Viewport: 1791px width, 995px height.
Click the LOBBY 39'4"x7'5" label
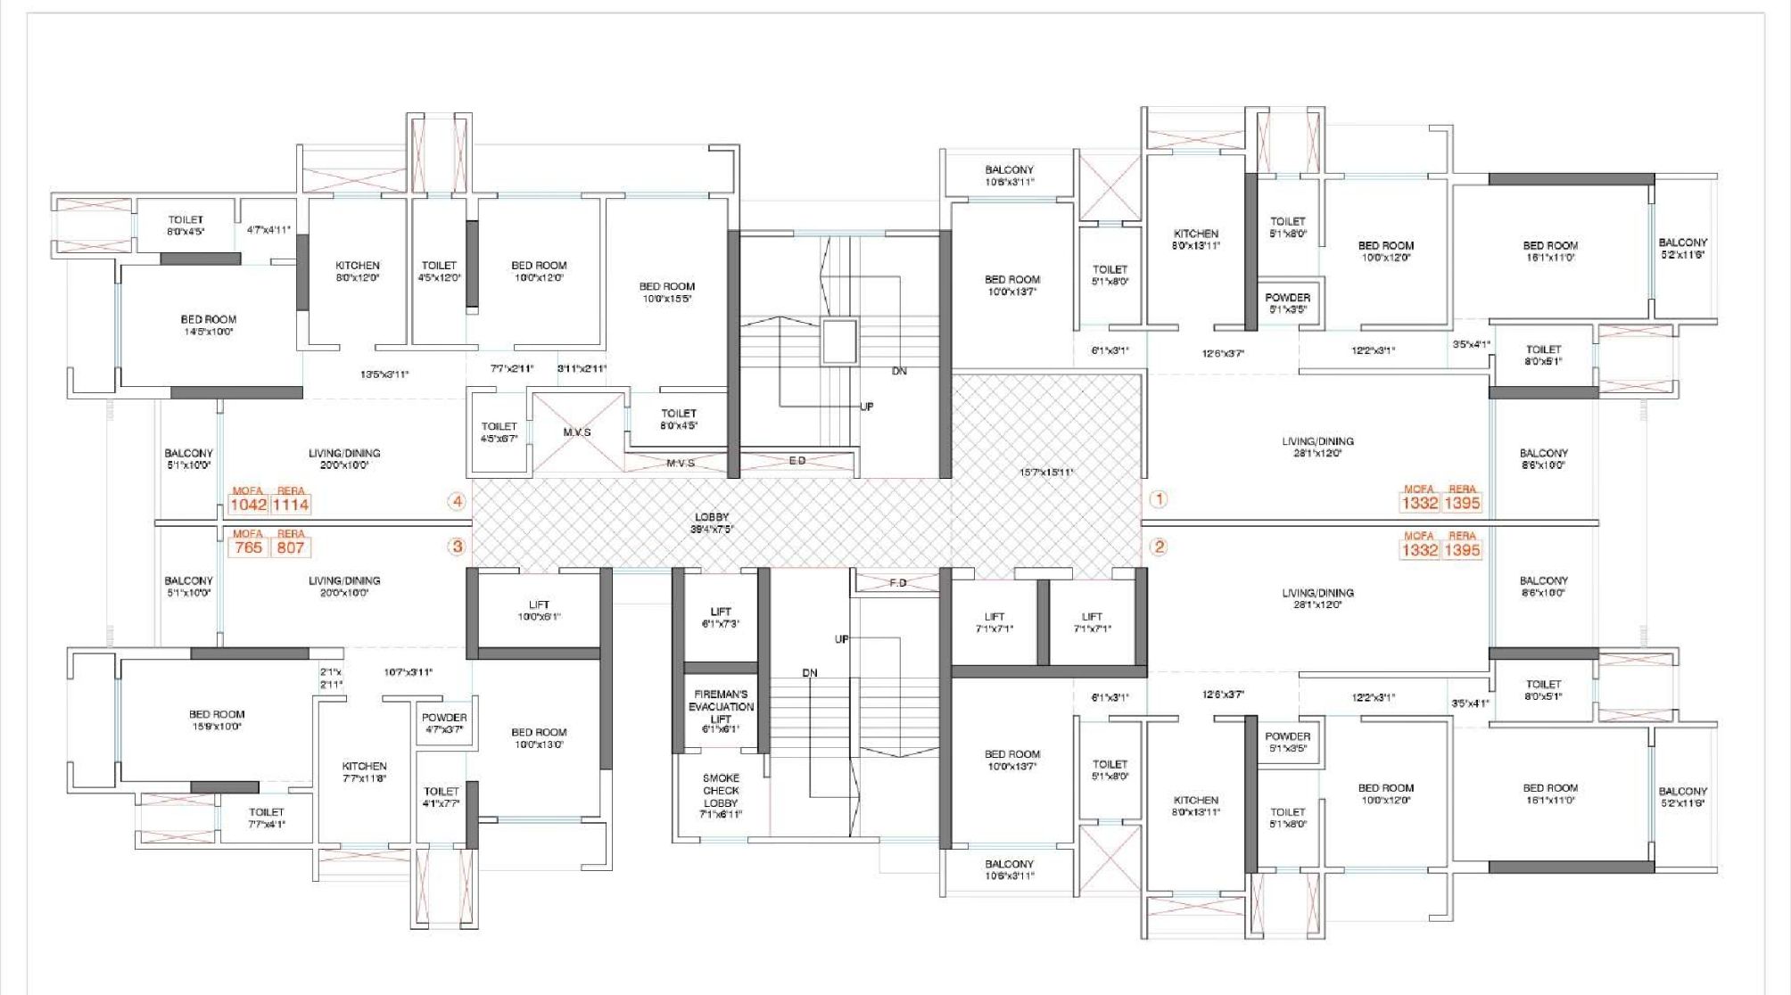pyautogui.click(x=711, y=522)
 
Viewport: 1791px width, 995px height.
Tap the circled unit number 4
pyautogui.click(x=458, y=501)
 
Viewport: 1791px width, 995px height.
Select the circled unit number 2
pyautogui.click(x=1159, y=547)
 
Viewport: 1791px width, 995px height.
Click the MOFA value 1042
pyautogui.click(x=248, y=505)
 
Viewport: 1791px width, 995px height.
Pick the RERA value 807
pyautogui.click(x=291, y=547)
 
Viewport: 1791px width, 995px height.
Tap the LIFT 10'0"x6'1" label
pyautogui.click(x=539, y=611)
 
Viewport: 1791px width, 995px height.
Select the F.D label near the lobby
pyautogui.click(x=897, y=582)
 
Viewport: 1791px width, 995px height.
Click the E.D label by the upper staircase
pyautogui.click(x=796, y=461)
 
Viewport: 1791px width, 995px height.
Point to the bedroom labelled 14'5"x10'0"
pyautogui.click(x=209, y=325)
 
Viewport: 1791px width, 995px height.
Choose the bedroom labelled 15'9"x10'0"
pyautogui.click(x=217, y=720)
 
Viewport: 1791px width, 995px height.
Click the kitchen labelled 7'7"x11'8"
pyautogui.click(x=364, y=772)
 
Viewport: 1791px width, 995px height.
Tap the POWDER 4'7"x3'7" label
pyautogui.click(x=444, y=723)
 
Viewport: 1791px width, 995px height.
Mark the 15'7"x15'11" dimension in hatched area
pyautogui.click(x=1046, y=473)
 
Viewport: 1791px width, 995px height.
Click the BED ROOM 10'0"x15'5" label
pyautogui.click(x=666, y=292)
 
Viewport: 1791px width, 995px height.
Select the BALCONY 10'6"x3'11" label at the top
pyautogui.click(x=1009, y=176)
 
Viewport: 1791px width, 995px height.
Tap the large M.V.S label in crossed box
pyautogui.click(x=577, y=432)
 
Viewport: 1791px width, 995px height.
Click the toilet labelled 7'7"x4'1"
pyautogui.click(x=266, y=818)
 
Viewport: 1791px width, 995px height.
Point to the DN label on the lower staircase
pyautogui.click(x=809, y=673)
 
